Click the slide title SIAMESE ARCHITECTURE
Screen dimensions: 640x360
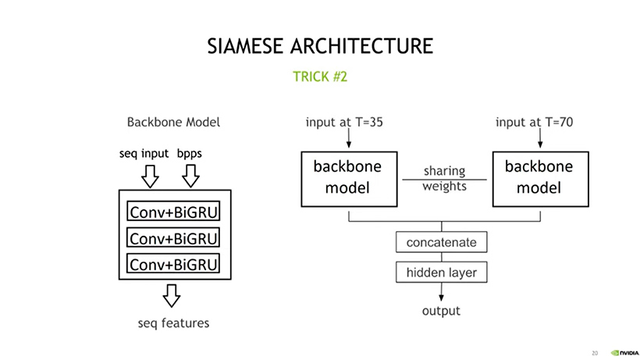coord(320,46)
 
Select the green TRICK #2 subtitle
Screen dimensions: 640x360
coord(320,77)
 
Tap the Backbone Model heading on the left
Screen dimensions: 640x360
coord(173,122)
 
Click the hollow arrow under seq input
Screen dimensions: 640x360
coord(150,176)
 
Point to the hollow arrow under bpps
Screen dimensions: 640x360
coord(190,176)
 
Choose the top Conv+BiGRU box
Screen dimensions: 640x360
coord(173,211)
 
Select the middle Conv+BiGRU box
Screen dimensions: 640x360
coord(173,237)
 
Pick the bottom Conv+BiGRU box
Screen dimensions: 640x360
coord(173,263)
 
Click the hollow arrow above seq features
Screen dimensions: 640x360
coord(172,295)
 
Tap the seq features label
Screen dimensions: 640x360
coord(173,323)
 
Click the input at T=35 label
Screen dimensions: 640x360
coord(344,122)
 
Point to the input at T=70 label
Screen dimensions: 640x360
coord(535,122)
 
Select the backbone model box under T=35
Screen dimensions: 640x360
coord(350,179)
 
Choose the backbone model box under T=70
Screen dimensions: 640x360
coord(541,179)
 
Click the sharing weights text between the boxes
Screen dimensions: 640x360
coord(445,178)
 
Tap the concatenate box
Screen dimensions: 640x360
coord(442,242)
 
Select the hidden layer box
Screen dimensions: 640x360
coord(442,273)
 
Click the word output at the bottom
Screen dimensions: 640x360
coord(441,311)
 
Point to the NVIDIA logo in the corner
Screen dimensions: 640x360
coord(624,353)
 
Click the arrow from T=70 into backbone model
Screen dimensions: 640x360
coord(540,138)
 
